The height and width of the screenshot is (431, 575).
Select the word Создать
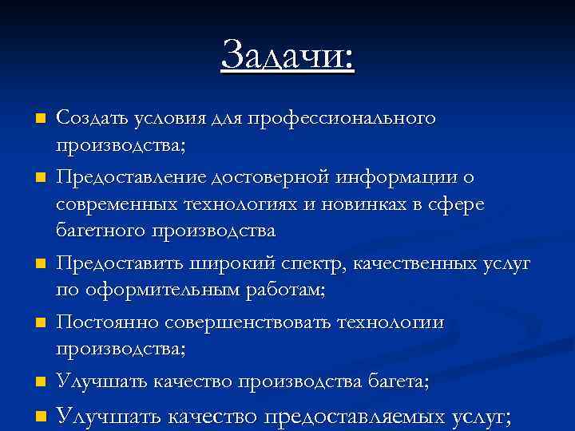point(87,118)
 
